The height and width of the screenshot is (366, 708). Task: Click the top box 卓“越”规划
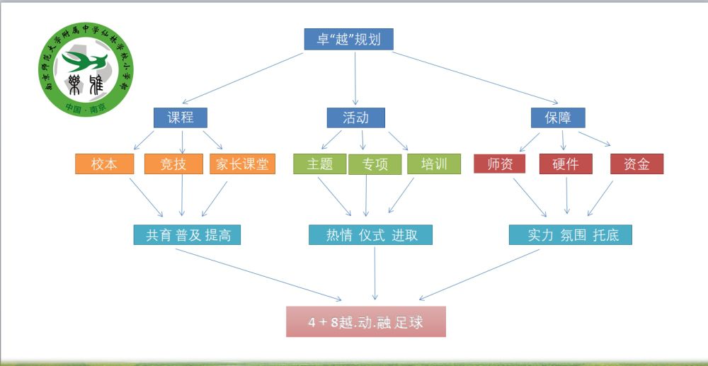(348, 39)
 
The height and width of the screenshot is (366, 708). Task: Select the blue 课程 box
(181, 117)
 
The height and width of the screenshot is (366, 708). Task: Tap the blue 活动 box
(355, 117)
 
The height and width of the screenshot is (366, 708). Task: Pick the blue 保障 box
(557, 117)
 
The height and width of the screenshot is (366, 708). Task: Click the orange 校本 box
(105, 164)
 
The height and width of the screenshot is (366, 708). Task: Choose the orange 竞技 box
(173, 164)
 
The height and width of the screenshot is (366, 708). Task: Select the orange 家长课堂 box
(242, 164)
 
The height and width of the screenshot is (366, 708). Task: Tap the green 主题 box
(320, 164)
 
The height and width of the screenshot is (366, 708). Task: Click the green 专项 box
(375, 164)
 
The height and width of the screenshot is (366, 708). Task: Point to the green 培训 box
(434, 164)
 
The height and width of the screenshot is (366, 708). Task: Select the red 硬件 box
(566, 164)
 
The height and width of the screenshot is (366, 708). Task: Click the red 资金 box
(636, 164)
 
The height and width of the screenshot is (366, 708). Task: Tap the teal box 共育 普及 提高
(188, 234)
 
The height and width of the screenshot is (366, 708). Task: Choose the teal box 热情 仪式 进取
(370, 234)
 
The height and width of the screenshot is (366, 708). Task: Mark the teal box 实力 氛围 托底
(570, 234)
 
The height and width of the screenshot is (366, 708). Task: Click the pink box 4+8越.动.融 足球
(366, 321)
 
